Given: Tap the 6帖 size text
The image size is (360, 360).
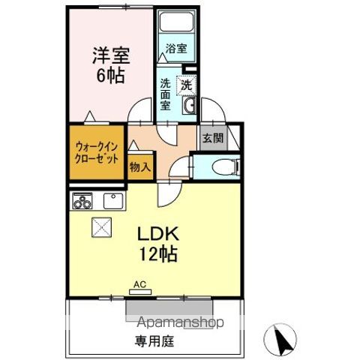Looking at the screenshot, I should pos(109,75).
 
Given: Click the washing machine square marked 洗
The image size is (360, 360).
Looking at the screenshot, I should pos(184,85).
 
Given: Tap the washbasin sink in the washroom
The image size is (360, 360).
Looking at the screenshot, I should pos(189,105).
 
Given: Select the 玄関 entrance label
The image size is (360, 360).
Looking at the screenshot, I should pos(210,137).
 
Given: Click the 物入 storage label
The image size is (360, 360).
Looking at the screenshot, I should pos(139,166).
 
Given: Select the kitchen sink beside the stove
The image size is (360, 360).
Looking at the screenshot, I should pos(113,201).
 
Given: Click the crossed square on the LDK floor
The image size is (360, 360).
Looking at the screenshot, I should pos(101,226).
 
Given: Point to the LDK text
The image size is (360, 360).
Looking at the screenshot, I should pos(157,233).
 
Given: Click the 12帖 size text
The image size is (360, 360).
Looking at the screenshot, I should pos(157,254).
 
